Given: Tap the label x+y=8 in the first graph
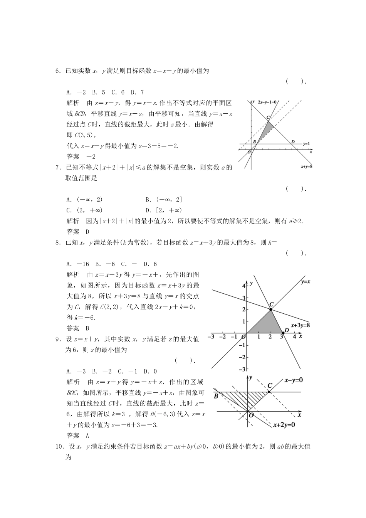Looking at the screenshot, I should point(306,166).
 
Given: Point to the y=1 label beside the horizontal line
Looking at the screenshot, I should point(306,143).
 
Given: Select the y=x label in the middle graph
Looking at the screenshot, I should point(305,282).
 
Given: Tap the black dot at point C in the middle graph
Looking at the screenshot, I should point(271,309).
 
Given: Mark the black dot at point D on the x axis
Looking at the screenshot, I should point(282,333).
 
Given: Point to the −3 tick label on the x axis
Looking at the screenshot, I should point(211,336).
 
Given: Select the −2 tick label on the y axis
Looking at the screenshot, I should point(242,357).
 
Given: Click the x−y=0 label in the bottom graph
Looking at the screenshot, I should point(294,380).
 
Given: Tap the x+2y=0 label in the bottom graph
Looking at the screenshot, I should point(284,425).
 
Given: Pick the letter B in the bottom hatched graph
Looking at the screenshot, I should point(216,396).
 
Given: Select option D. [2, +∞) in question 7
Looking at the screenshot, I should point(163,210).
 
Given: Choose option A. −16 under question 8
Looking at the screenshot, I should point(77,264).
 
